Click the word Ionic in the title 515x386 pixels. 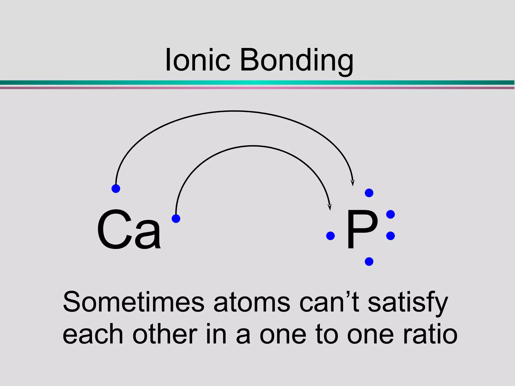click(x=198, y=60)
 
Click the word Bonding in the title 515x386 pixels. click(x=297, y=61)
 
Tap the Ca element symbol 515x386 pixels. click(x=129, y=229)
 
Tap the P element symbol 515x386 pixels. click(x=362, y=229)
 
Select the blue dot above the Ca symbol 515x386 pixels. click(x=116, y=188)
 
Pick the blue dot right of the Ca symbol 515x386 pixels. click(x=176, y=218)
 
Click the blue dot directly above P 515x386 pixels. click(x=369, y=193)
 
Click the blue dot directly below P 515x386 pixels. click(x=369, y=262)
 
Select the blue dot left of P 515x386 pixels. click(x=330, y=236)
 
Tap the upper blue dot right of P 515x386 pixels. click(x=390, y=214)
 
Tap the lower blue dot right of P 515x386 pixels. click(x=390, y=236)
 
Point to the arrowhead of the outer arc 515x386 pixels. click(x=353, y=183)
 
